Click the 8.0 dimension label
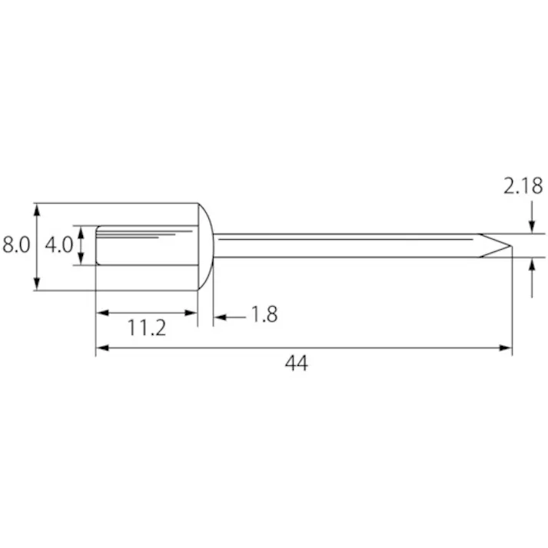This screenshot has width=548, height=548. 16,244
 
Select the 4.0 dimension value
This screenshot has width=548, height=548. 58,244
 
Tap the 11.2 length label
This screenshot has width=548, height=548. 147,328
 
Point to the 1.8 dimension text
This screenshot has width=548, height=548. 264,314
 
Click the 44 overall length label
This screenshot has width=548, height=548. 297,363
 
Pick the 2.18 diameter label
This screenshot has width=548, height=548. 523,186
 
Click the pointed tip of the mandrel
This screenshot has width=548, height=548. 511,246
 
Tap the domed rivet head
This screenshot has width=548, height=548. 206,247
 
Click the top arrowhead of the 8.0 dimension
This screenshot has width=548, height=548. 37,209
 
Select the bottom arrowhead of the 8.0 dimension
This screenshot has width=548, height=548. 37,284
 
